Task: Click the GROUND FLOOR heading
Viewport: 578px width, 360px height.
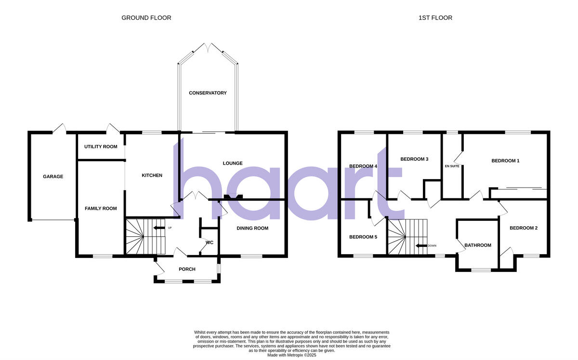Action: tap(146, 18)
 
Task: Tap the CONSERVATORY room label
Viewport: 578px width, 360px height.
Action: tap(208, 93)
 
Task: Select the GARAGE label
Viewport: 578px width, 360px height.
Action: tap(53, 177)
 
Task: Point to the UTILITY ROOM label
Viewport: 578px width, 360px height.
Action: tap(101, 146)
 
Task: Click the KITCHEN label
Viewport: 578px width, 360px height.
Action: tap(152, 176)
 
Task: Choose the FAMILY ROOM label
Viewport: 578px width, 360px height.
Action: tap(101, 208)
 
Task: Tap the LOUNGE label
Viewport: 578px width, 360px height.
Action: tap(232, 163)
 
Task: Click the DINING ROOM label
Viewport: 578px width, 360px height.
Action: tap(252, 228)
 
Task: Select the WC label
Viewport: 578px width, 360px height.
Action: tap(210, 243)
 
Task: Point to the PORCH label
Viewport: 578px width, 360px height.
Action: tap(187, 269)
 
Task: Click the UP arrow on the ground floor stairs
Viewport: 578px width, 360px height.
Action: tap(159, 228)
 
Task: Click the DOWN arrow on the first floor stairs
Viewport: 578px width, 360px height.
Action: tap(421, 245)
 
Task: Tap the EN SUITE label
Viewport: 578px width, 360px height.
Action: tap(452, 166)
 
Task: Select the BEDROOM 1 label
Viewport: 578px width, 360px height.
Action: tap(505, 161)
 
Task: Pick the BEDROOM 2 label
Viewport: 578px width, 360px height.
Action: tap(524, 228)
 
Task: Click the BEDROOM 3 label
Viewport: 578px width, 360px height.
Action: tap(414, 159)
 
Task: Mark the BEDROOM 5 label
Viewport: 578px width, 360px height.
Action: tap(363, 237)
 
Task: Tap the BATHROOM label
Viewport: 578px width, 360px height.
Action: tap(477, 245)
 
